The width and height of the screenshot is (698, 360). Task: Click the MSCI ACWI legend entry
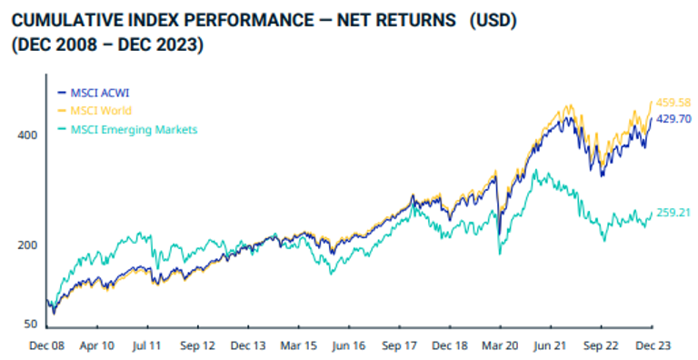coord(95,92)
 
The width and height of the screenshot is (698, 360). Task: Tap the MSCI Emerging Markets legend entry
coord(127,129)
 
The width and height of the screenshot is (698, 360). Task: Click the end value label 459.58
coord(673,103)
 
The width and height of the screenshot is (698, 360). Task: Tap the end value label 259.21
coord(673,213)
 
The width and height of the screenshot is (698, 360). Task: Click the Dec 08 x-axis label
coord(45,346)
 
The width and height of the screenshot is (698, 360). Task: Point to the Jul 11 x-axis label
coord(146,346)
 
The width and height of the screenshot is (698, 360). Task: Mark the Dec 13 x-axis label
coord(247,346)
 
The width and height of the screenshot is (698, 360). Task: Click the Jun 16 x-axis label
coord(348,346)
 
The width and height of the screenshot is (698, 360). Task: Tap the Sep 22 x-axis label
coord(601,346)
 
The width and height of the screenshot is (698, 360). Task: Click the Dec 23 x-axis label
coord(652,346)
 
